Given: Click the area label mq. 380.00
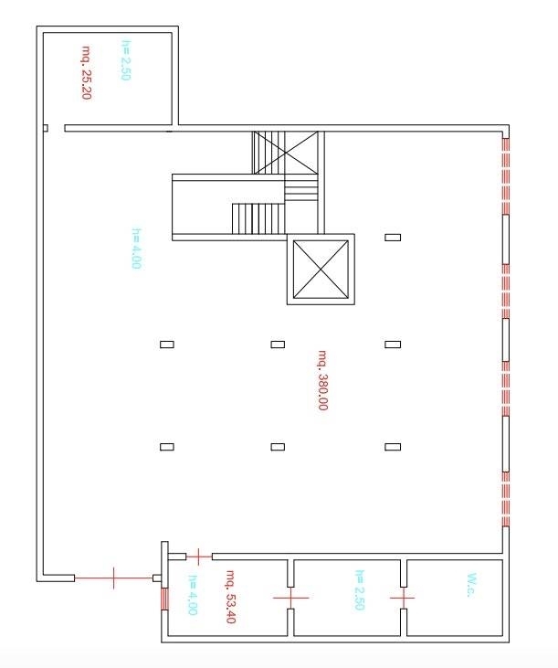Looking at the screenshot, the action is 323,380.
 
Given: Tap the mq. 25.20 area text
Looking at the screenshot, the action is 87,72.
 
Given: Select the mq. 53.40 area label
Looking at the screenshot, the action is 231,597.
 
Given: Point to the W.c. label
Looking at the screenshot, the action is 471,586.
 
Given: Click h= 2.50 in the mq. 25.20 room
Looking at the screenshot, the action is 125,60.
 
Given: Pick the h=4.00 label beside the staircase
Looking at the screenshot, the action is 136,249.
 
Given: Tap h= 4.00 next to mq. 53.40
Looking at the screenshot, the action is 193,595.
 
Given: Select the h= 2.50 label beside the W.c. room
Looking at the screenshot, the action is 360,589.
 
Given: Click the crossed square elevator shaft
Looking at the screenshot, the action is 321,270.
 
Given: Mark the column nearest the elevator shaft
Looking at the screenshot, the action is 393,238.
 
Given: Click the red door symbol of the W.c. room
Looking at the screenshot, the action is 403,598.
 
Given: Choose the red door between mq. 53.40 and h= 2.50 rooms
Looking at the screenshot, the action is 290,598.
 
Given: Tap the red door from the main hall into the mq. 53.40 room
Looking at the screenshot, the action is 199,557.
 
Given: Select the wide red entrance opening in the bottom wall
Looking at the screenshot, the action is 113,578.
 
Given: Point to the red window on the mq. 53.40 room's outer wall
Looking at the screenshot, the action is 164,599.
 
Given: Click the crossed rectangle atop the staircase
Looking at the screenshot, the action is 286,153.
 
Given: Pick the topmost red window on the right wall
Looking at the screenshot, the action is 506,176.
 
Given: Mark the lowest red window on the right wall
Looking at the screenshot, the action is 506,500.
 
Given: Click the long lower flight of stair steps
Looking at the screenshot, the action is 258,218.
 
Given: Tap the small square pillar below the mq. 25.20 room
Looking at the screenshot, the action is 46,128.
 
